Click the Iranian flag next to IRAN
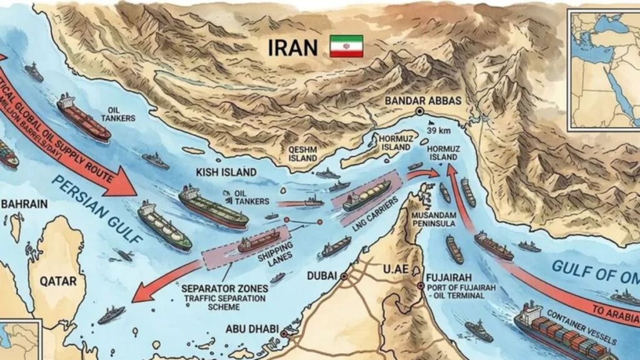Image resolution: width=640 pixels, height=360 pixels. click(x=346, y=46)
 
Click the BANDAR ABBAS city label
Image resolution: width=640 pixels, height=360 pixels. click(x=423, y=100)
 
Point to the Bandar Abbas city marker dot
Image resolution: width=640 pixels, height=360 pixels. click(x=419, y=111)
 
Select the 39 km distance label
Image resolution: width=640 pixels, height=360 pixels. click(x=440, y=131)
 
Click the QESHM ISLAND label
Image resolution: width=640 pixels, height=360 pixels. click(x=303, y=154)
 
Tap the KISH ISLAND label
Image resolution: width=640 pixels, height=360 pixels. click(x=226, y=172)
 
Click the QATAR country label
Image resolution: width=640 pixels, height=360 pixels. click(x=58, y=281)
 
